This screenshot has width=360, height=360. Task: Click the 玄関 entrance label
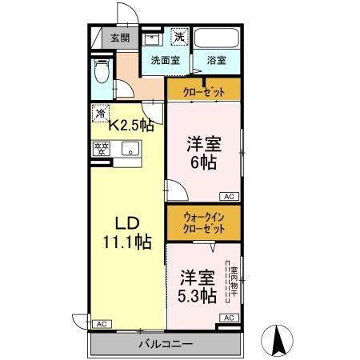(120, 37)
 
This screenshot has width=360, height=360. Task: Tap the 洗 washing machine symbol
(181, 36)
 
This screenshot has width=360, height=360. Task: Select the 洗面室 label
(165, 60)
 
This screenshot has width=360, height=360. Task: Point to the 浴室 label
(216, 60)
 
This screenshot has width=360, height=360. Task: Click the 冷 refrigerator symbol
(101, 113)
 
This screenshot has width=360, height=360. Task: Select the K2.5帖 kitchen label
(131, 125)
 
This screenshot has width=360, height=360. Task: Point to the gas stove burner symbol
(102, 148)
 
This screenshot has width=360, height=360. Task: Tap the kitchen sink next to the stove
(129, 148)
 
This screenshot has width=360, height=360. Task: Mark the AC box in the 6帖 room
(227, 196)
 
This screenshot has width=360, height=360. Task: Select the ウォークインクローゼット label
(203, 222)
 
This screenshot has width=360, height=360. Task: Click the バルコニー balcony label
(162, 344)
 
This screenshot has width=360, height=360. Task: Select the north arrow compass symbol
(280, 339)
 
